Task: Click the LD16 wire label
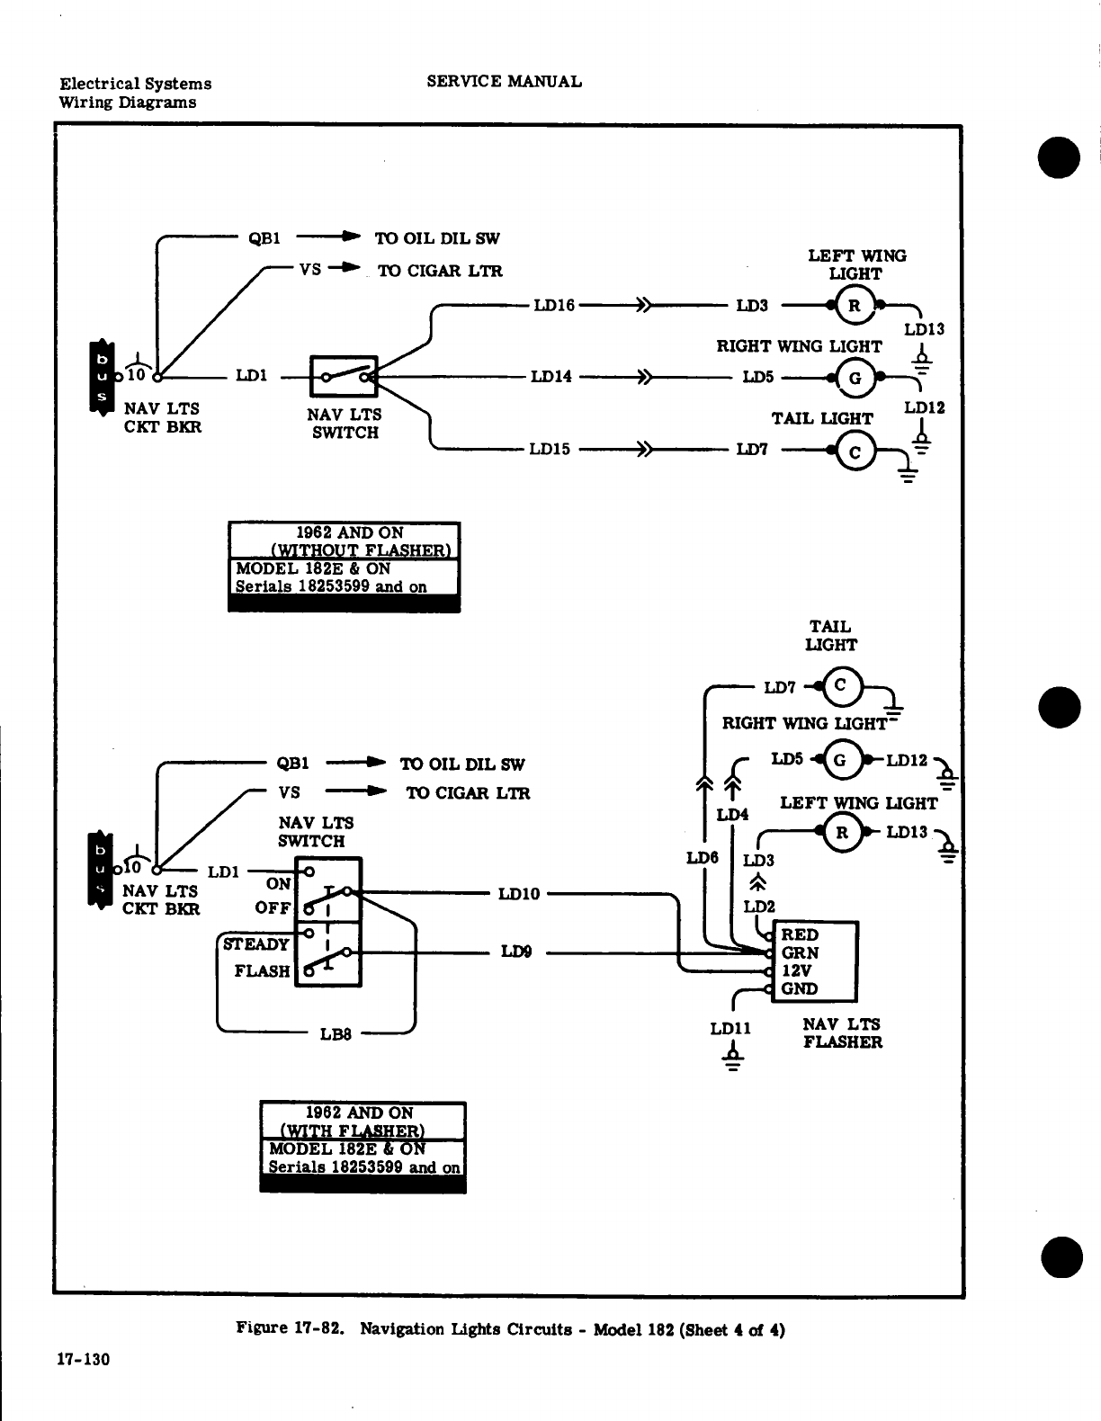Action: [x=554, y=306]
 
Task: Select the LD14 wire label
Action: [x=551, y=377]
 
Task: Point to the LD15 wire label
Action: [x=550, y=450]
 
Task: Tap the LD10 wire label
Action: [x=519, y=894]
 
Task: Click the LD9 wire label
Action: [x=516, y=952]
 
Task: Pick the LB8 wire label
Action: [x=336, y=1034]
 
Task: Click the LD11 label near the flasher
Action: [x=730, y=1029]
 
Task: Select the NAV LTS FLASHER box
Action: [x=815, y=961]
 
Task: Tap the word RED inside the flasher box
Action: [x=800, y=935]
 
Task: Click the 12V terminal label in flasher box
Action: [x=796, y=971]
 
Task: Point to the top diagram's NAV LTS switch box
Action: [x=344, y=376]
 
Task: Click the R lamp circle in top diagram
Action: [x=855, y=306]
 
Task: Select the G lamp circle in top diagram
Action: [x=855, y=378]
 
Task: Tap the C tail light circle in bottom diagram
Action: [x=841, y=686]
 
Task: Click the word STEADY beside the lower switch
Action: [x=255, y=944]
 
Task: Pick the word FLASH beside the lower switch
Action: [x=262, y=971]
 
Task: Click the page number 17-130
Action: [x=84, y=1360]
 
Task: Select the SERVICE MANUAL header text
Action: [x=504, y=82]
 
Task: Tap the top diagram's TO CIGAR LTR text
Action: [x=440, y=271]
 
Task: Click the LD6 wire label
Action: [x=703, y=857]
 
